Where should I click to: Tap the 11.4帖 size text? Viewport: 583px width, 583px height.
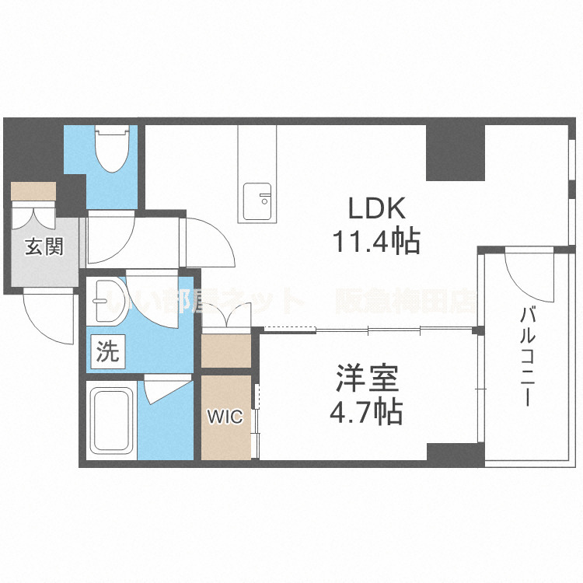pyautogui.click(x=377, y=243)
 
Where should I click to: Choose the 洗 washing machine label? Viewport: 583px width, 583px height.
pyautogui.click(x=108, y=353)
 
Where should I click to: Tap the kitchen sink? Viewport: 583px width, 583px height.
pyautogui.click(x=257, y=201)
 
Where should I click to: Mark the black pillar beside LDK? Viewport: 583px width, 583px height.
pyautogui.click(x=455, y=151)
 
